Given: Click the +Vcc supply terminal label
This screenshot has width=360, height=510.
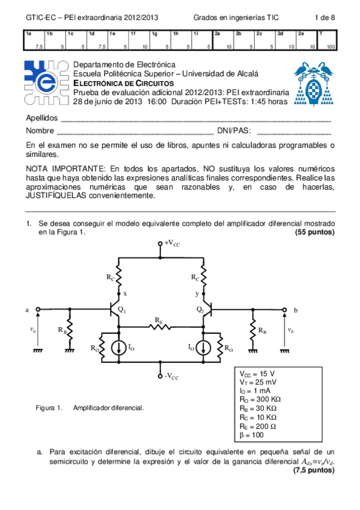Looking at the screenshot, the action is click(x=171, y=243).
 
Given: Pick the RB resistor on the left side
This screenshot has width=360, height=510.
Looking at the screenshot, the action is click(x=70, y=330).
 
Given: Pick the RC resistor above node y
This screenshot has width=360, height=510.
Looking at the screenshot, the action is click(x=203, y=278).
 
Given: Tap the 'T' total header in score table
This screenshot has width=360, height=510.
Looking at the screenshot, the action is click(x=322, y=34).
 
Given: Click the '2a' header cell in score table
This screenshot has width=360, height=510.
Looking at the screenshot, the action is click(x=218, y=34).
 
